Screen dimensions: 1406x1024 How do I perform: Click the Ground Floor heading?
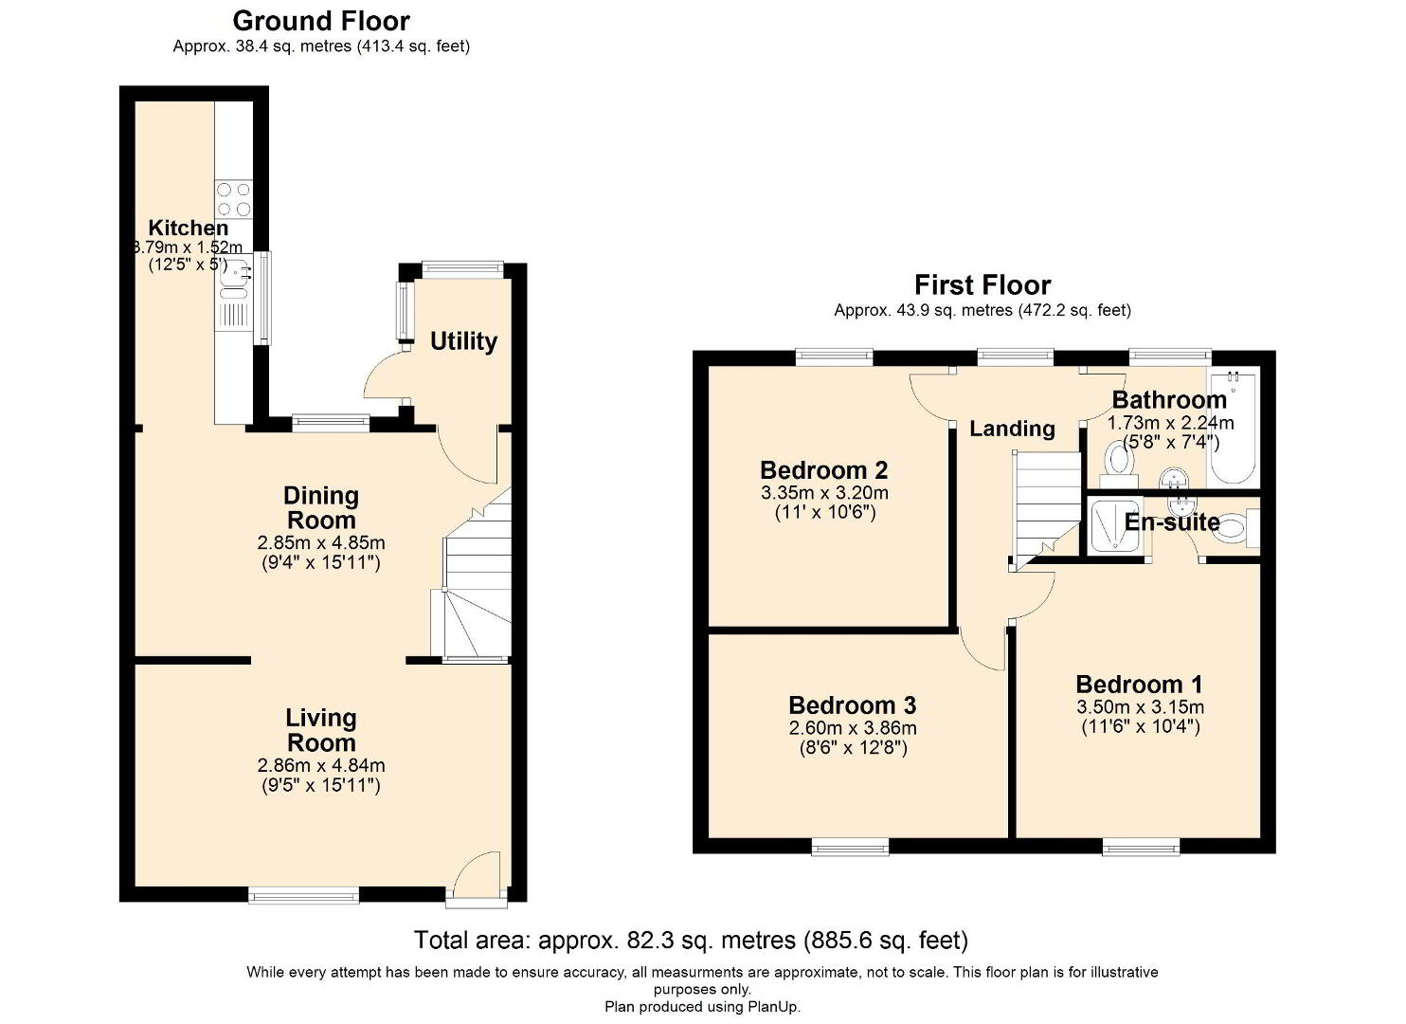[x=321, y=22]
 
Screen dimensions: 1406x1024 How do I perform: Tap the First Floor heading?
[x=982, y=285]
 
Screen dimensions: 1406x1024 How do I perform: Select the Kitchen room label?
[x=189, y=228]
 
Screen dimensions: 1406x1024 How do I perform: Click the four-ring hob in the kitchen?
[x=233, y=199]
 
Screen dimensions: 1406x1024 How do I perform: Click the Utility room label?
[x=463, y=341]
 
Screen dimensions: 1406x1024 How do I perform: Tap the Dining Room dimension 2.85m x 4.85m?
[x=321, y=542]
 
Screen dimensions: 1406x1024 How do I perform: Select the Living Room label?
[x=321, y=730]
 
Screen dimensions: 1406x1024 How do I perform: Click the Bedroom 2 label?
[x=823, y=470]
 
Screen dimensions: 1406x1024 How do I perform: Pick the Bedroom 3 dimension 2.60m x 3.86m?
[x=853, y=728]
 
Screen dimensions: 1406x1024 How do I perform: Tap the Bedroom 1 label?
[x=1139, y=685]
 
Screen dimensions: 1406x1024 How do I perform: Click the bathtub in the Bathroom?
[x=1233, y=428]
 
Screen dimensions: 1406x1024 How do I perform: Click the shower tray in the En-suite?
[x=1115, y=526]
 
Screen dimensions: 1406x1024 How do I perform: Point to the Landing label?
[x=1012, y=429]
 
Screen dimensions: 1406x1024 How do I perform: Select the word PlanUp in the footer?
[x=773, y=1007]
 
